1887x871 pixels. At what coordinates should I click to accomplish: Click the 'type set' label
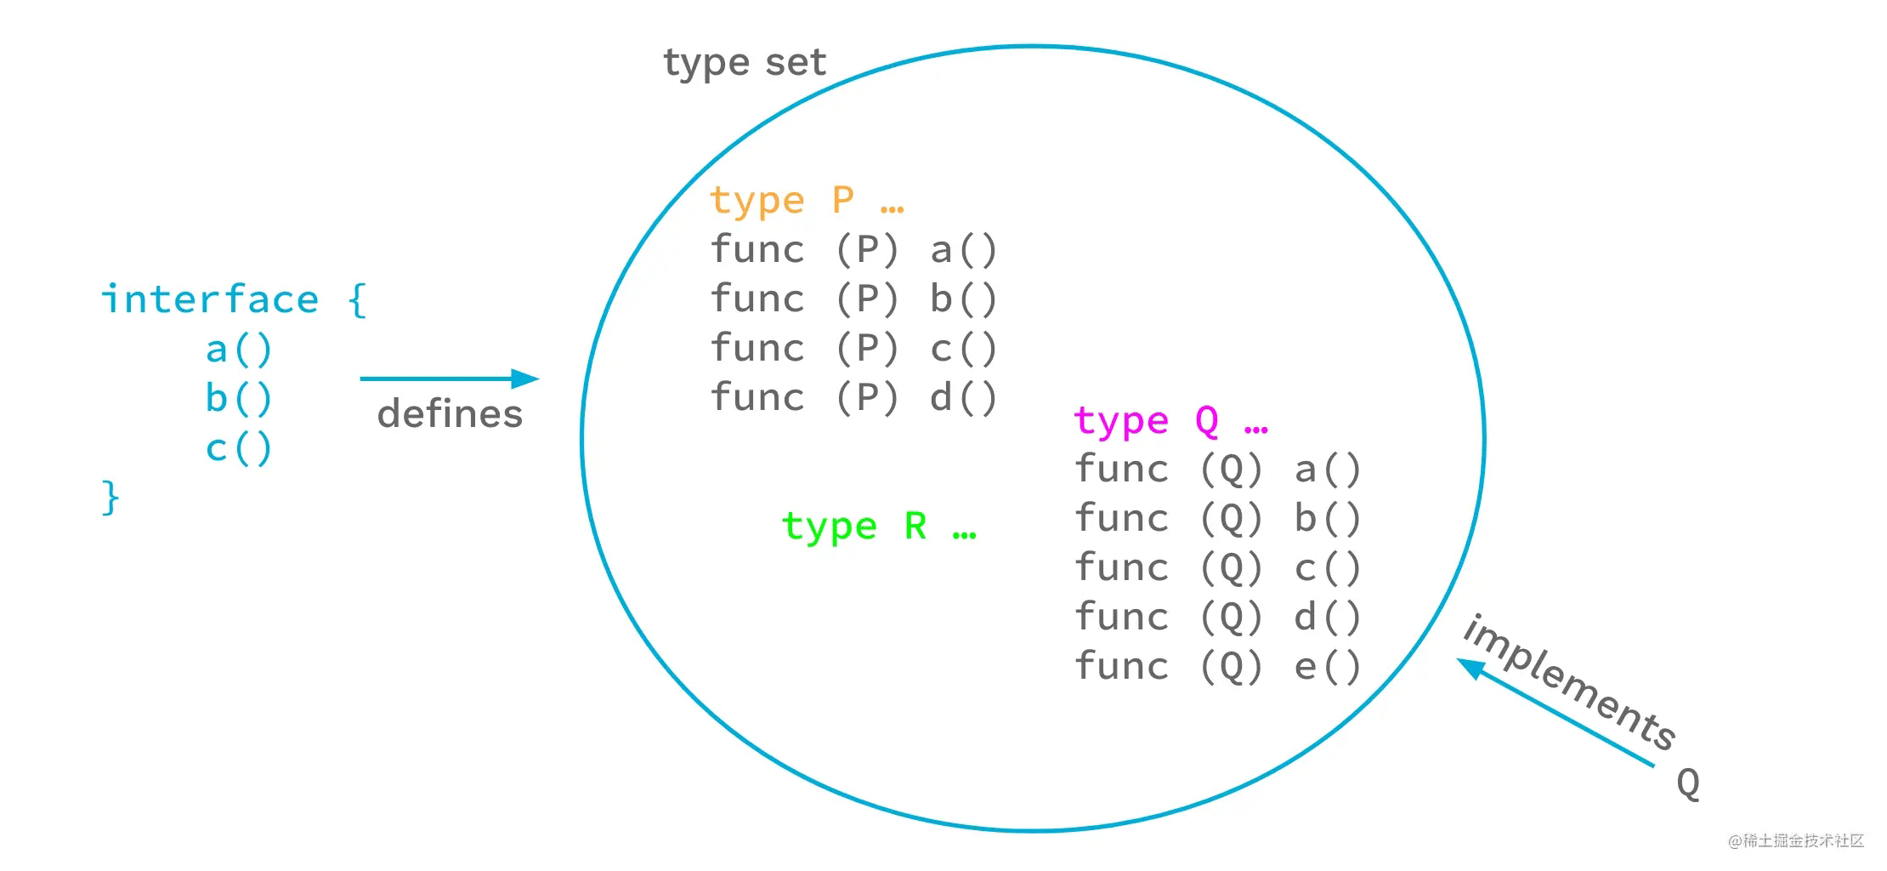[745, 63]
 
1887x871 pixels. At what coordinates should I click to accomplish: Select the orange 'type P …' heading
[807, 201]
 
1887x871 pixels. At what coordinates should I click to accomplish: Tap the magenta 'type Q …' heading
[1171, 420]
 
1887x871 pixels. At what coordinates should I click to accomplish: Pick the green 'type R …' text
[880, 527]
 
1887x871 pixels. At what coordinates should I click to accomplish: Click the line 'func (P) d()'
[854, 397]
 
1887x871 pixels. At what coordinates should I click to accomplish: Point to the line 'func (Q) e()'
[1218, 666]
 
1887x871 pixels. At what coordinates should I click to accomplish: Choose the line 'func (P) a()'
[854, 249]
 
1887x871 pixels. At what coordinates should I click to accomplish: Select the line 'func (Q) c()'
[1218, 567]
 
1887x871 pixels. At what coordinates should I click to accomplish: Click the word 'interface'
[210, 299]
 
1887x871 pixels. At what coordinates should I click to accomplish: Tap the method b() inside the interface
[239, 398]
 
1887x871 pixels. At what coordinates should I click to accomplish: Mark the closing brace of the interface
[110, 497]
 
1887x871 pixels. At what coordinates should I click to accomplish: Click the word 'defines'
[450, 414]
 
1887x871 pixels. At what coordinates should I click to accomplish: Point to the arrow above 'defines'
[450, 379]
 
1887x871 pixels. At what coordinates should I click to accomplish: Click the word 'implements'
[1569, 681]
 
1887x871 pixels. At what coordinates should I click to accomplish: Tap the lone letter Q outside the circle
[1688, 783]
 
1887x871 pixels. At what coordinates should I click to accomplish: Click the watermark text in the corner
[1796, 841]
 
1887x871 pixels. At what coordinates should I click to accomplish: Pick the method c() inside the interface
[239, 447]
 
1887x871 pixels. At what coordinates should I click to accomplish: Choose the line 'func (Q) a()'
[1218, 469]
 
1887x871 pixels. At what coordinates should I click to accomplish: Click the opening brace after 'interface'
[358, 299]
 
